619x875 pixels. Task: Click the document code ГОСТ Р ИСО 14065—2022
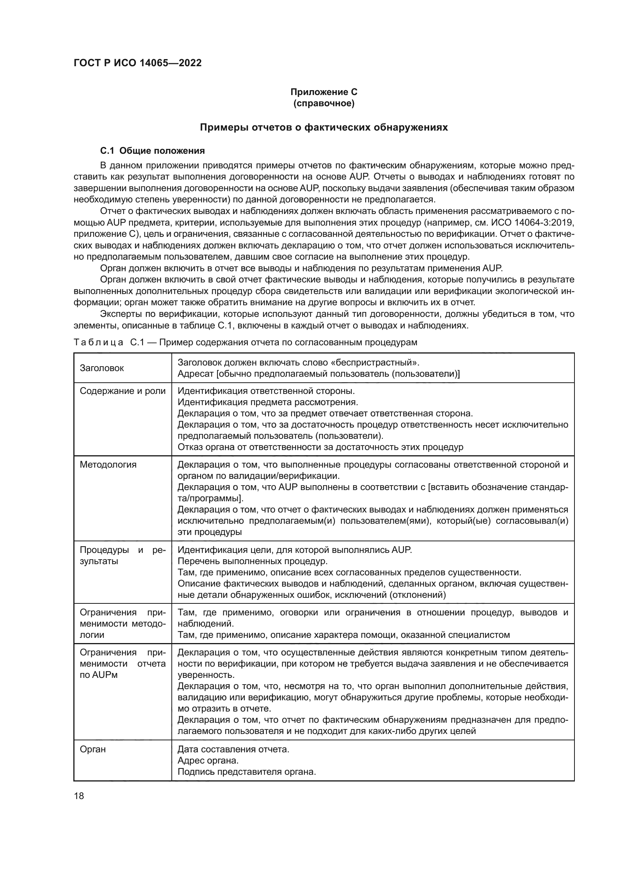pyautogui.click(x=138, y=63)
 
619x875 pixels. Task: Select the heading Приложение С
pyautogui.click(x=324, y=92)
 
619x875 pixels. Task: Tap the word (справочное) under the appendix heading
pyautogui.click(x=324, y=103)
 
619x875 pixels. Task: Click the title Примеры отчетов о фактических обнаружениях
pyautogui.click(x=324, y=127)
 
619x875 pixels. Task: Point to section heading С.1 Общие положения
pyautogui.click(x=152, y=151)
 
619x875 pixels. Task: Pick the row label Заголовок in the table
pyautogui.click(x=102, y=368)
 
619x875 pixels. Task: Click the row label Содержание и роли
pyautogui.click(x=122, y=391)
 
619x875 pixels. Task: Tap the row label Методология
pyautogui.click(x=108, y=465)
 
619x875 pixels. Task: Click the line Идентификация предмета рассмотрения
pyautogui.click(x=268, y=402)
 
